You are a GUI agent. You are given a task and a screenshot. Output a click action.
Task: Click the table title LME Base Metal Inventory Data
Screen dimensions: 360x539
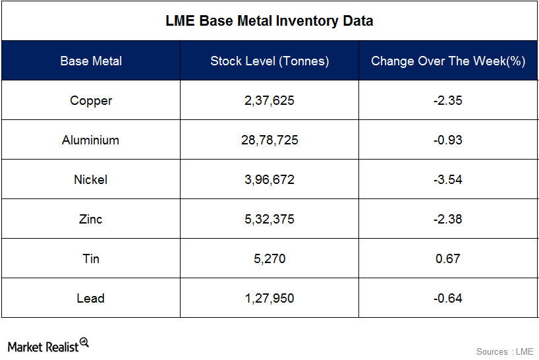[x=269, y=21]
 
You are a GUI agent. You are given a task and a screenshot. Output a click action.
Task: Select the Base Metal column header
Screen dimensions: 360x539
[x=91, y=61]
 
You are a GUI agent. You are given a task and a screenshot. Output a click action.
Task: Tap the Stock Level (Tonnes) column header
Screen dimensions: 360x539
[x=269, y=61]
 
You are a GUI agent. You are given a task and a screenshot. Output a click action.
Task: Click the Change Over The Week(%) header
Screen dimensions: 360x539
[x=448, y=61]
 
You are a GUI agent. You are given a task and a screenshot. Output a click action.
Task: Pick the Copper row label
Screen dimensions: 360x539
[x=91, y=100]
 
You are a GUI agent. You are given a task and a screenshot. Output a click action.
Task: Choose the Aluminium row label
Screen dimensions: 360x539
[x=91, y=140]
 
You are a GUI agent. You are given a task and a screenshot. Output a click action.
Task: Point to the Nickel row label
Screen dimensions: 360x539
[x=91, y=179]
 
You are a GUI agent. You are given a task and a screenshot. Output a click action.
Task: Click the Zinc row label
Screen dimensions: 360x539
[x=91, y=219]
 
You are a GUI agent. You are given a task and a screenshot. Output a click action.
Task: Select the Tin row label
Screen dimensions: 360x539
[x=91, y=258]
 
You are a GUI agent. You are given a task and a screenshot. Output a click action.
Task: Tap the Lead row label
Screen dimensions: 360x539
[x=91, y=298]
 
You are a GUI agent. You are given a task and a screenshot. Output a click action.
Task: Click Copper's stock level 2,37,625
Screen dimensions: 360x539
[x=269, y=100]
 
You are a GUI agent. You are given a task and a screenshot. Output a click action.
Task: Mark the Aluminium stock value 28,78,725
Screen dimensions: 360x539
[x=269, y=140]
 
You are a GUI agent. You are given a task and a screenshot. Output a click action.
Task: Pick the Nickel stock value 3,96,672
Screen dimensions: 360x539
[x=269, y=179]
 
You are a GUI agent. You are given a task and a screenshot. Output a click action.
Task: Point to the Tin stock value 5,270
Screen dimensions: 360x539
[x=269, y=258]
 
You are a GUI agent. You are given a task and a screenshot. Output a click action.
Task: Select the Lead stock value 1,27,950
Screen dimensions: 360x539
[x=269, y=298]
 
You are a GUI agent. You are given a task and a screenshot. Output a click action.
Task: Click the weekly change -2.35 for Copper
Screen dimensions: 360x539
[x=448, y=100]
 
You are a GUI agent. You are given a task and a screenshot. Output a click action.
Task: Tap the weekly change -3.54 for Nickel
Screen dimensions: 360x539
[x=448, y=179]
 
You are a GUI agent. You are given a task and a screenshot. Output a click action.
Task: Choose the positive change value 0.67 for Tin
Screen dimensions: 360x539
[x=448, y=258]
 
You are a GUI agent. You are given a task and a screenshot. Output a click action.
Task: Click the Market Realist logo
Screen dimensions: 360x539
[x=47, y=346]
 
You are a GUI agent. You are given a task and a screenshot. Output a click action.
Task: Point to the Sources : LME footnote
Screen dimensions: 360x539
[x=504, y=351]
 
